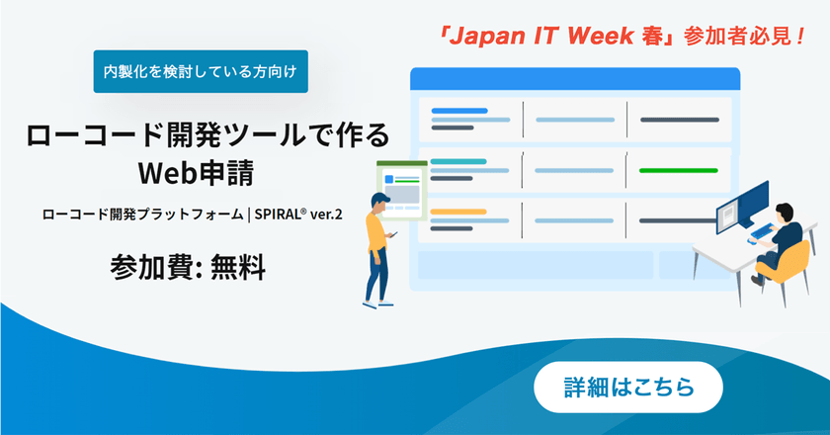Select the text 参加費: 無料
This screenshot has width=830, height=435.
point(188,265)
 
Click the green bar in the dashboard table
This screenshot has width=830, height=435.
point(678,170)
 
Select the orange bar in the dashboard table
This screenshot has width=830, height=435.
point(458,212)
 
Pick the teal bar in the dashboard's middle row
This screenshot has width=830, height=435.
point(458,161)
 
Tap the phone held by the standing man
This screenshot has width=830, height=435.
point(393,234)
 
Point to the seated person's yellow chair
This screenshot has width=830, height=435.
point(790,259)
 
